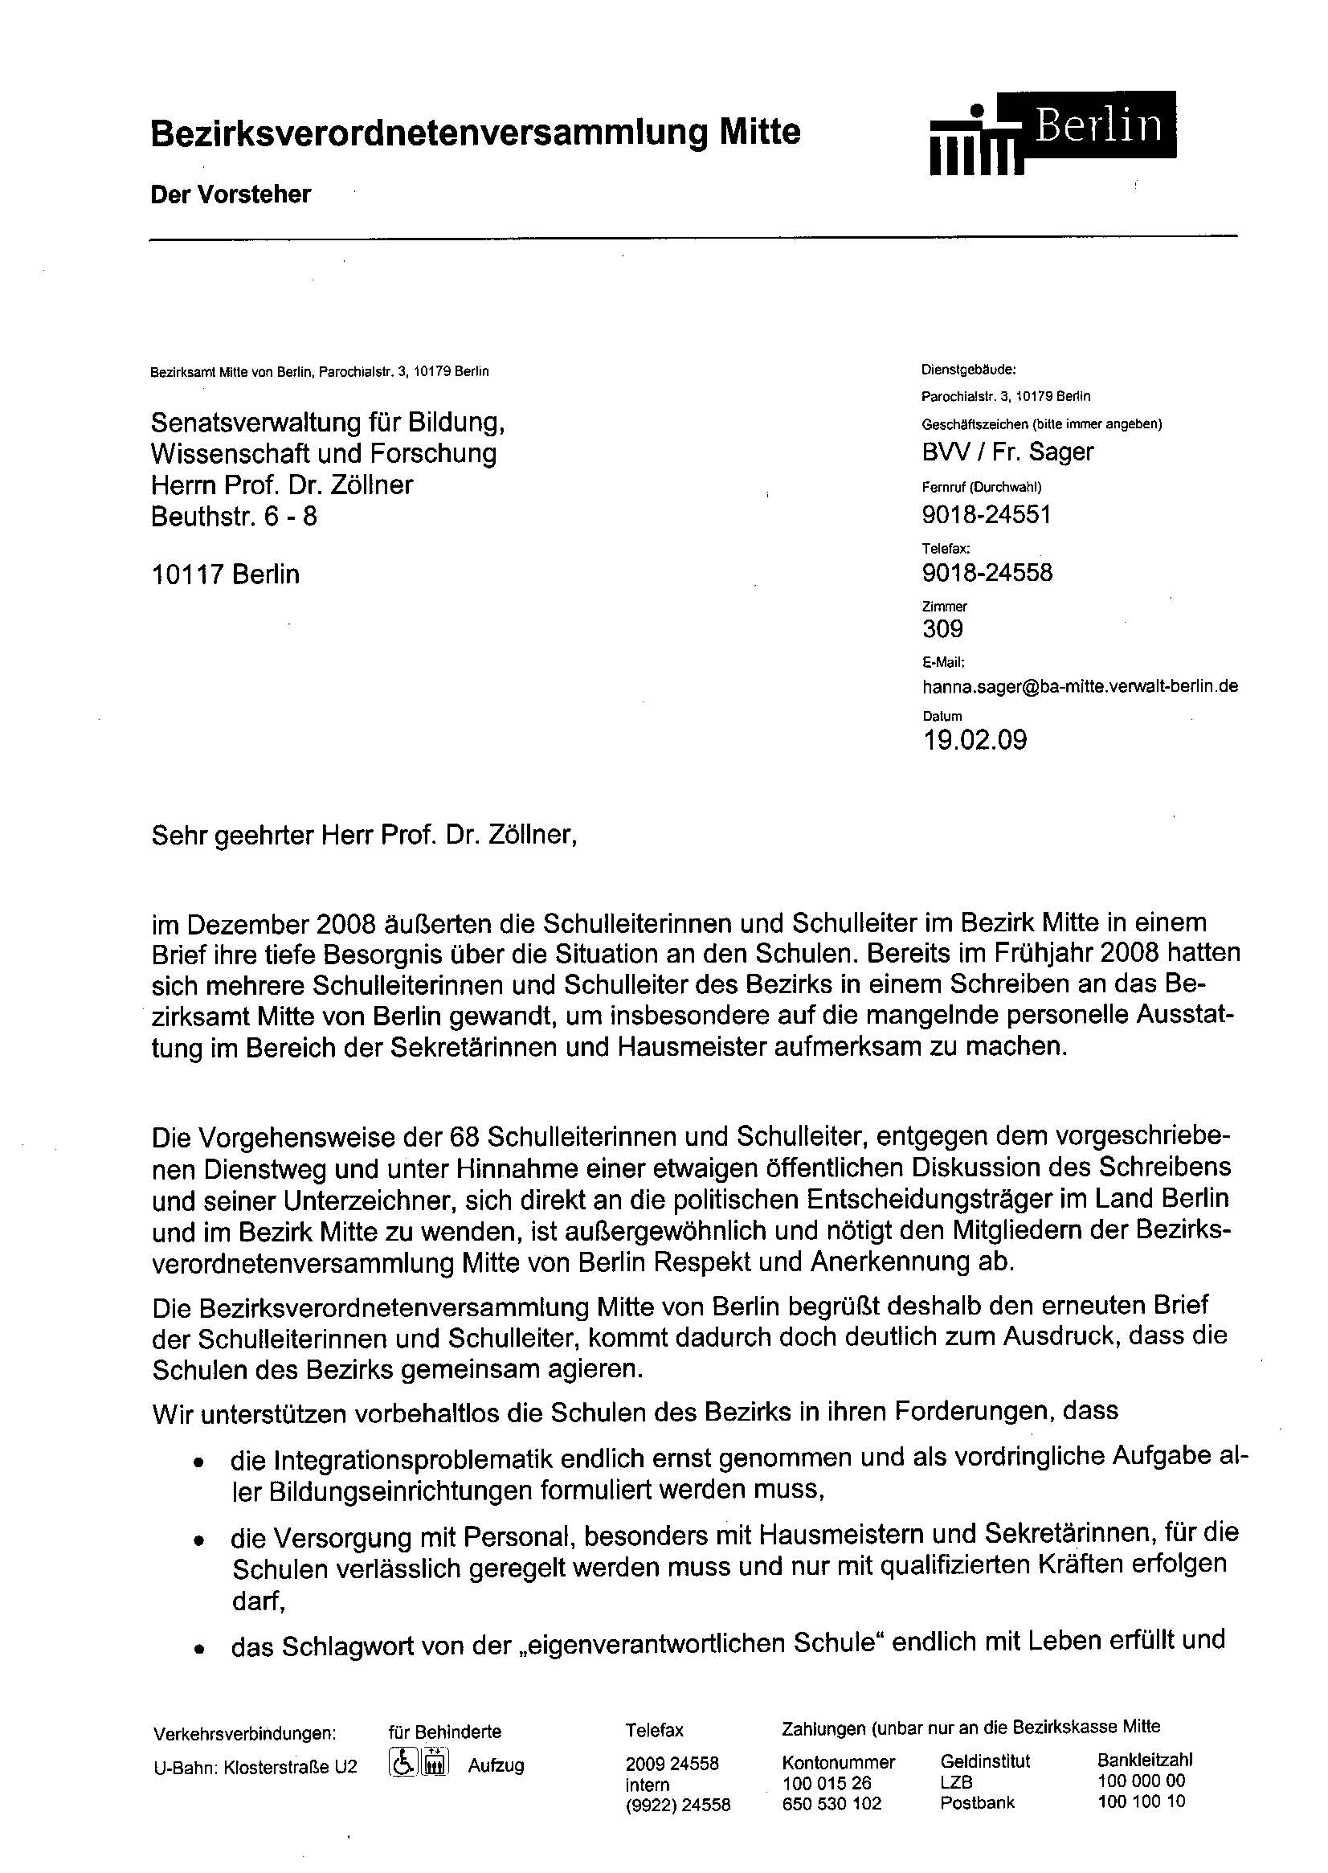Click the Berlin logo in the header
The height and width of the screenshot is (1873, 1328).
click(x=1053, y=133)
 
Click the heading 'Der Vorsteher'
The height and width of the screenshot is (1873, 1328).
click(x=231, y=194)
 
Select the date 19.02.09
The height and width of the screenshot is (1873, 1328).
click(x=975, y=740)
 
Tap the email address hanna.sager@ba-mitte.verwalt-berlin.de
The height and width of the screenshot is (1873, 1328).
click(x=1080, y=686)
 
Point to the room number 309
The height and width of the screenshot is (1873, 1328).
click(x=942, y=629)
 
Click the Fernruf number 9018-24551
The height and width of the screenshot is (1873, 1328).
click(x=987, y=514)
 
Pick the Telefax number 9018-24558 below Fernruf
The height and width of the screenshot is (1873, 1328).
click(x=987, y=573)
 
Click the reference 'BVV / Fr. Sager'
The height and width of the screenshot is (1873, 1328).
click(x=1007, y=452)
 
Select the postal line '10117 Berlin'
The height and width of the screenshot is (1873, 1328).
click(x=225, y=575)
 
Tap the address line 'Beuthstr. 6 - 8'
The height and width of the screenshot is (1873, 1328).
click(x=234, y=516)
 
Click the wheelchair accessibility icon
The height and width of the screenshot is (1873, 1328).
click(x=402, y=1762)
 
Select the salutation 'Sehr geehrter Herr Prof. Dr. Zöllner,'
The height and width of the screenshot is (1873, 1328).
click(x=365, y=836)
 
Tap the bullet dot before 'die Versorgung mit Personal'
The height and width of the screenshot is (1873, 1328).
click(x=197, y=1540)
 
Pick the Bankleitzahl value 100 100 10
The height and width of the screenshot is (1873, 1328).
click(x=1141, y=1801)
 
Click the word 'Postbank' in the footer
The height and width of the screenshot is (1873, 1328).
click(x=977, y=1802)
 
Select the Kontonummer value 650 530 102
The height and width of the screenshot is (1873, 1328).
click(x=832, y=1802)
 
